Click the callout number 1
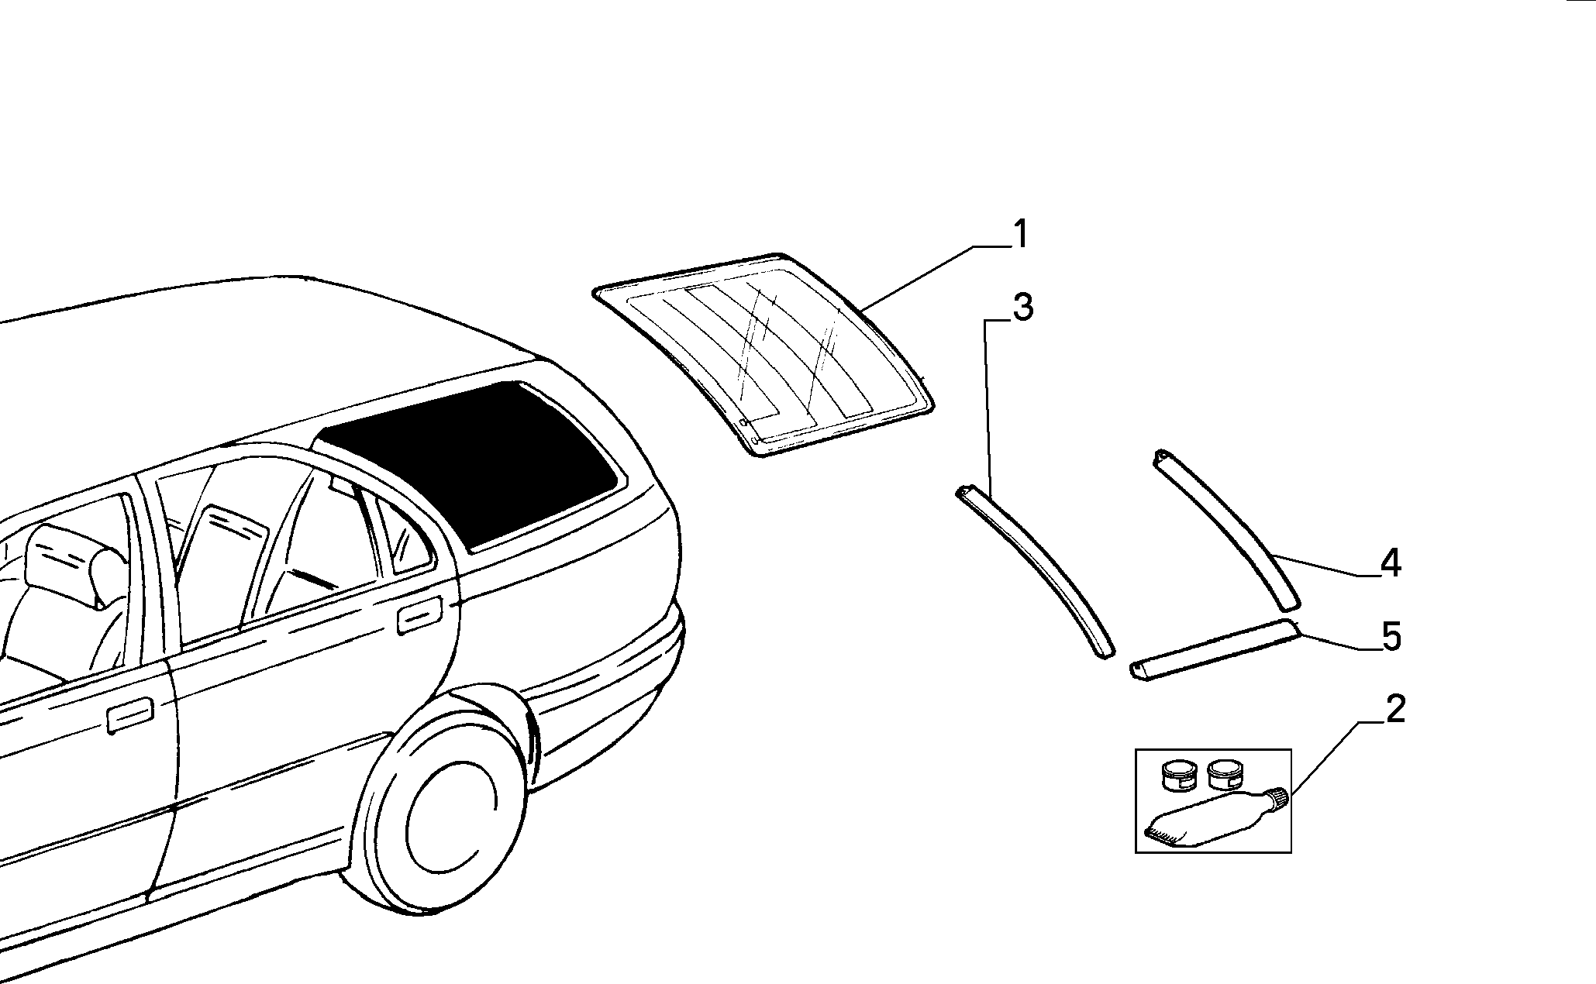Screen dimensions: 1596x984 coord(1021,234)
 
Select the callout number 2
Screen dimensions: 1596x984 coord(1394,709)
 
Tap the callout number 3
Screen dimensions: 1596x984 coord(1022,308)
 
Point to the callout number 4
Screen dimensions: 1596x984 coord(1391,563)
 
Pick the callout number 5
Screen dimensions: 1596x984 coord(1391,637)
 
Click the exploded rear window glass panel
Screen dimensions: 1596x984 coord(764,353)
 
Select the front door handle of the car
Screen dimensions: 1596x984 coord(129,715)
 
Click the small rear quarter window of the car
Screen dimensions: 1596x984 coord(403,535)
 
